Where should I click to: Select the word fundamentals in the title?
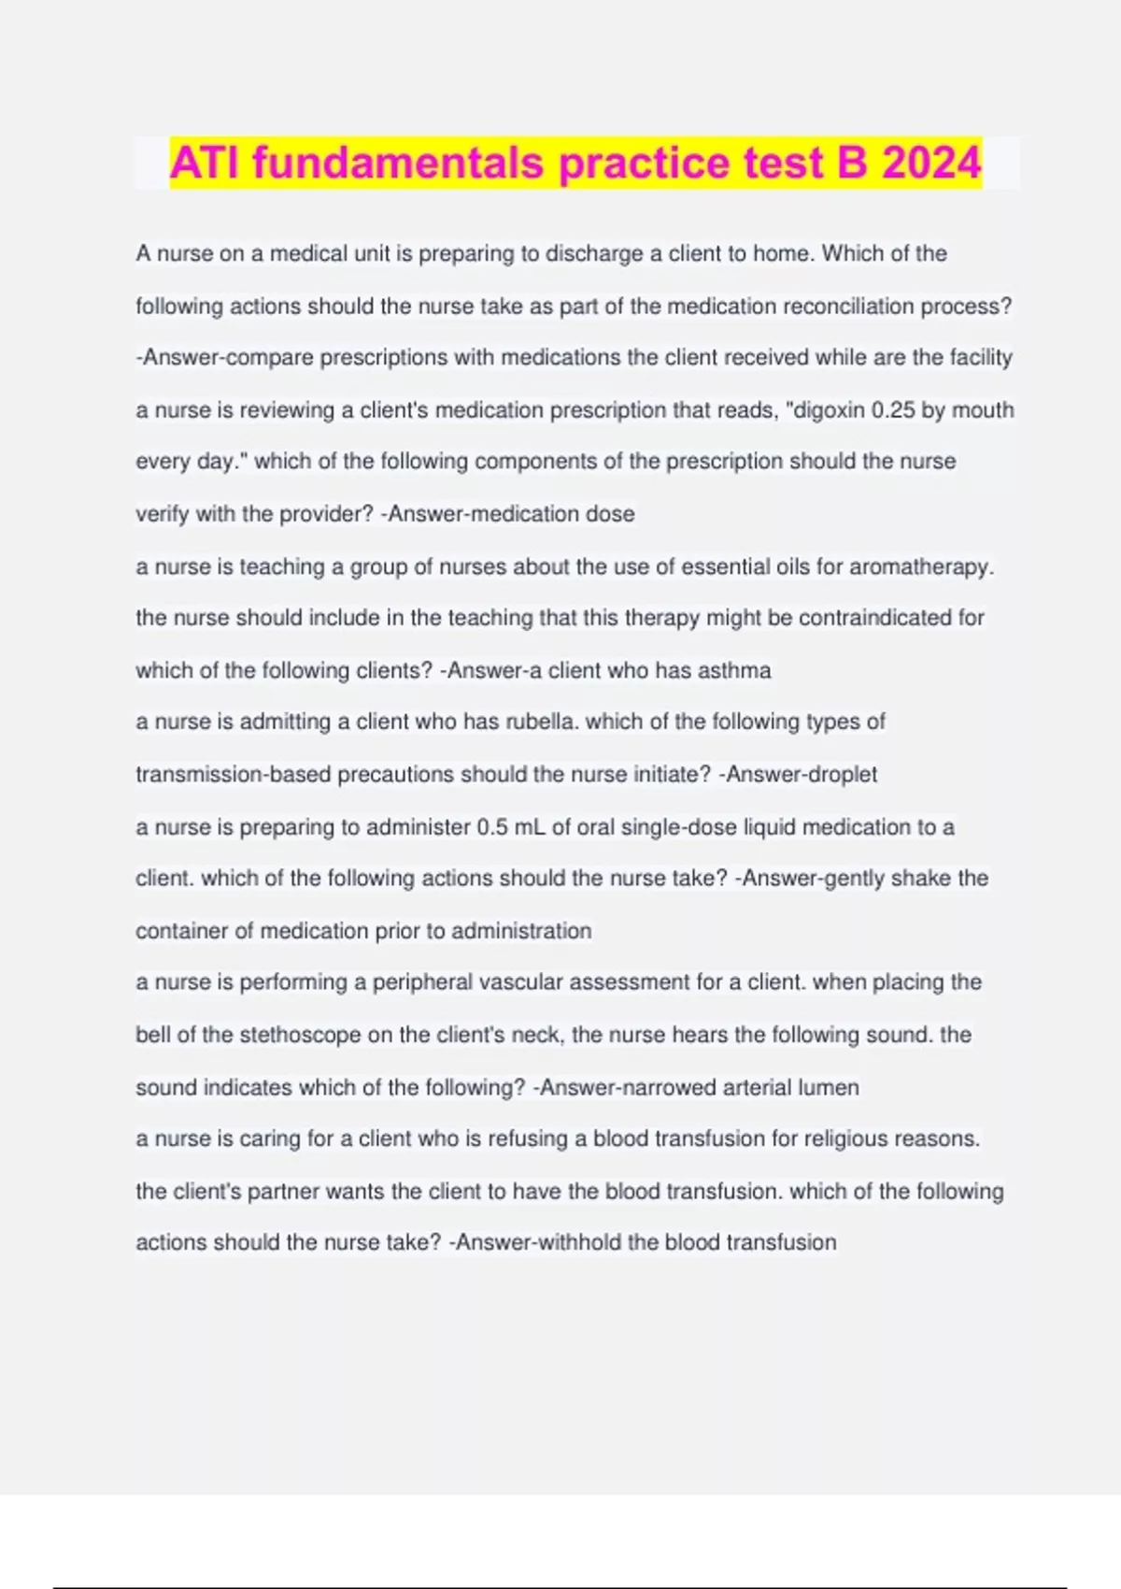398,163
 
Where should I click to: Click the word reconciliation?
849,307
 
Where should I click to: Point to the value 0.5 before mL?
492,827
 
